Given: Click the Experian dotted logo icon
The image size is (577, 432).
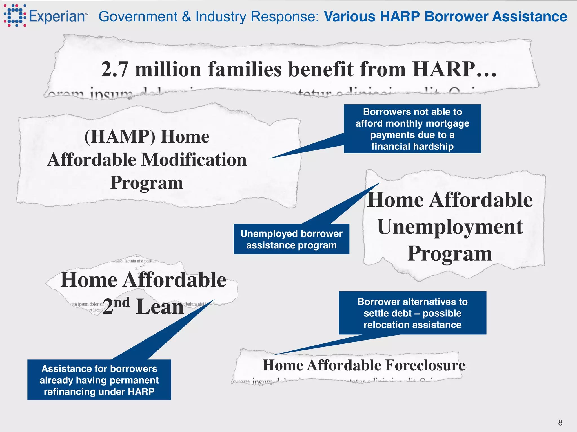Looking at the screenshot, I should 15,16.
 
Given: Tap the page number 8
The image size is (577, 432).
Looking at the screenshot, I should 560,422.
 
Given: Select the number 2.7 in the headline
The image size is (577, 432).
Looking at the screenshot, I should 115,69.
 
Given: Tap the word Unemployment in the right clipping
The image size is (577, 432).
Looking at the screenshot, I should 450,227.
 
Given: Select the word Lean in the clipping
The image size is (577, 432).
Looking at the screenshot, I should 160,307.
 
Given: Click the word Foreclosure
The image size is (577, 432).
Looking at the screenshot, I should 425,365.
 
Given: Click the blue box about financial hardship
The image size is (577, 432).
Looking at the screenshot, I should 412,129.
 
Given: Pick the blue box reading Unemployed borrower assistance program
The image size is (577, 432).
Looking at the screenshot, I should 291,239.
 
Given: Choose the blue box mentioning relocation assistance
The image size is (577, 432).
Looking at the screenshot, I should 412,313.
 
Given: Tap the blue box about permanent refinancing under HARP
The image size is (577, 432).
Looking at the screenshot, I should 99,380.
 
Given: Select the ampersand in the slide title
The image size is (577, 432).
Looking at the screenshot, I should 186,16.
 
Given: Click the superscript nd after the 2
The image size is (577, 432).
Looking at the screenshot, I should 122,302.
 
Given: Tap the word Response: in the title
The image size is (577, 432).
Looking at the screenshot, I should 285,16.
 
